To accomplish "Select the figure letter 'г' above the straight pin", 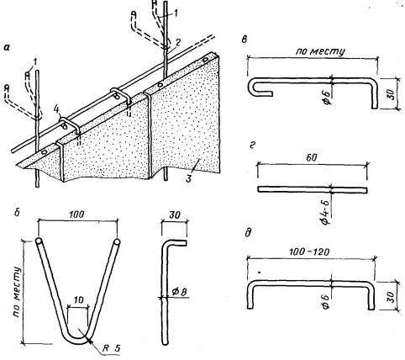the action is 254,146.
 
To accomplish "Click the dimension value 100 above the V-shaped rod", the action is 76,214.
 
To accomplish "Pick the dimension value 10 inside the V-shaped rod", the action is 79,300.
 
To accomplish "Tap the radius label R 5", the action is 111,348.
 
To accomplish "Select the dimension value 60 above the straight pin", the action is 311,157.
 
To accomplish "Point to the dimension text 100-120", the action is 309,252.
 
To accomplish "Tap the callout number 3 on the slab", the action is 188,178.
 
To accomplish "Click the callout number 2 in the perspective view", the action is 177,42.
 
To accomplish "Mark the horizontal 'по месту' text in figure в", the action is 320,51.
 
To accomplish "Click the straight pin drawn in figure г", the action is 313,190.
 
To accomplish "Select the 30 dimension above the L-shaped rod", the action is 174,215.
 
